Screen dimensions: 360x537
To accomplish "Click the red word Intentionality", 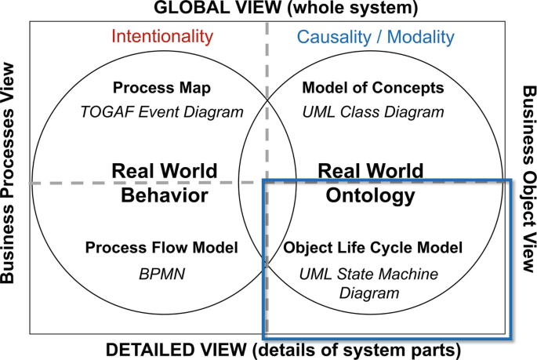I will (x=161, y=36).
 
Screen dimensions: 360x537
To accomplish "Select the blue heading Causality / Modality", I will (x=376, y=36).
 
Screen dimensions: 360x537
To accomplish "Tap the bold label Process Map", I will (x=161, y=87).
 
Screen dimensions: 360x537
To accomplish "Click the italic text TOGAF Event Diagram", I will (x=161, y=111).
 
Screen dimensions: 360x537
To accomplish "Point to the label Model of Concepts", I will (x=373, y=87).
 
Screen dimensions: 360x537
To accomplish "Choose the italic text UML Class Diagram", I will (x=373, y=111).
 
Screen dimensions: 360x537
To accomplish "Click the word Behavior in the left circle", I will (x=165, y=195).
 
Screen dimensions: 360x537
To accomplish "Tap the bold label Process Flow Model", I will (x=161, y=248).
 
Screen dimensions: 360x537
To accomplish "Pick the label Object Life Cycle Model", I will (x=373, y=248).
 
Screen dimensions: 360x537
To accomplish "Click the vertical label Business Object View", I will (x=528, y=180).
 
